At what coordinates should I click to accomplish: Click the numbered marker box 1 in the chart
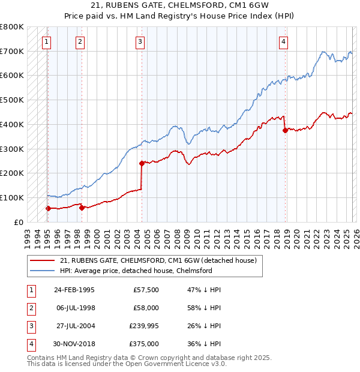(47, 42)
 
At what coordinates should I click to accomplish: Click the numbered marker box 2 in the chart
(80, 42)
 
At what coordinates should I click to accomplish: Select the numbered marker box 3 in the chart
(139, 42)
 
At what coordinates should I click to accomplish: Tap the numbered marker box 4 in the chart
(283, 42)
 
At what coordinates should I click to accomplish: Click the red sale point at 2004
(142, 163)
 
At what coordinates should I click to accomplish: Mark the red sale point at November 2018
(285, 130)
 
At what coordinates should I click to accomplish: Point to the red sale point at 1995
(48, 208)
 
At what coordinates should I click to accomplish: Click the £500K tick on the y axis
(12, 100)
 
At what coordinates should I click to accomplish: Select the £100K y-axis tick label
(12, 197)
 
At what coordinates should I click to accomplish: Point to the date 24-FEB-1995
(74, 290)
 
